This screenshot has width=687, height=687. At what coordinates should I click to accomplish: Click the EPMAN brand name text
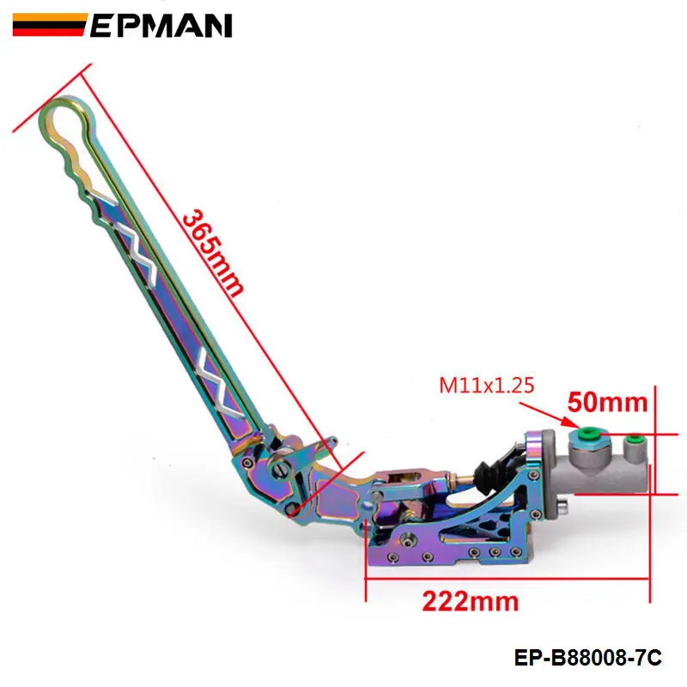tap(161, 25)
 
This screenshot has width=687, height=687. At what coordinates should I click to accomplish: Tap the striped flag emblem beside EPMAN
tap(49, 25)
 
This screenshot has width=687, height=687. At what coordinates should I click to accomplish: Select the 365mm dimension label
tap(212, 254)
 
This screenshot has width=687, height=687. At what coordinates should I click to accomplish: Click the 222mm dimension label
tap(470, 601)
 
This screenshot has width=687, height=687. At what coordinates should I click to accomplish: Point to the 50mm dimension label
tap(608, 402)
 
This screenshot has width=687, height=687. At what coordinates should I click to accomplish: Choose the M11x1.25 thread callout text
tap(487, 386)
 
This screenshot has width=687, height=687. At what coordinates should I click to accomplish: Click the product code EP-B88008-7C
tap(588, 658)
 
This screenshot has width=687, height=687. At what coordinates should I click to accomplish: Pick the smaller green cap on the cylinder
tap(634, 439)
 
